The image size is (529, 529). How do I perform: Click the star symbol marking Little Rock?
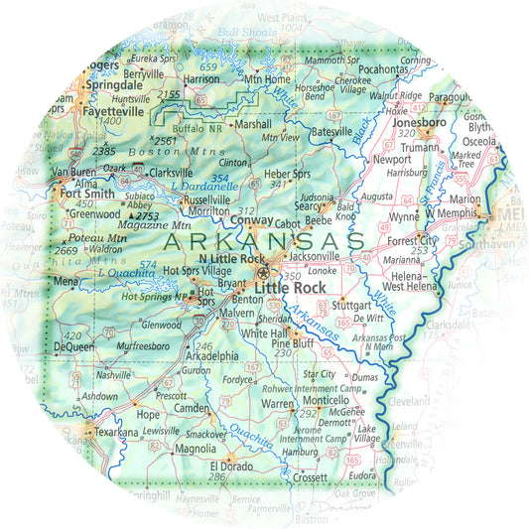tap(263, 273)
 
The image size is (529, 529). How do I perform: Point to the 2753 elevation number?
tap(148, 215)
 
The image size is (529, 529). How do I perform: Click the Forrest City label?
tap(414, 240)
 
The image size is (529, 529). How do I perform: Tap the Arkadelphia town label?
tap(210, 356)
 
